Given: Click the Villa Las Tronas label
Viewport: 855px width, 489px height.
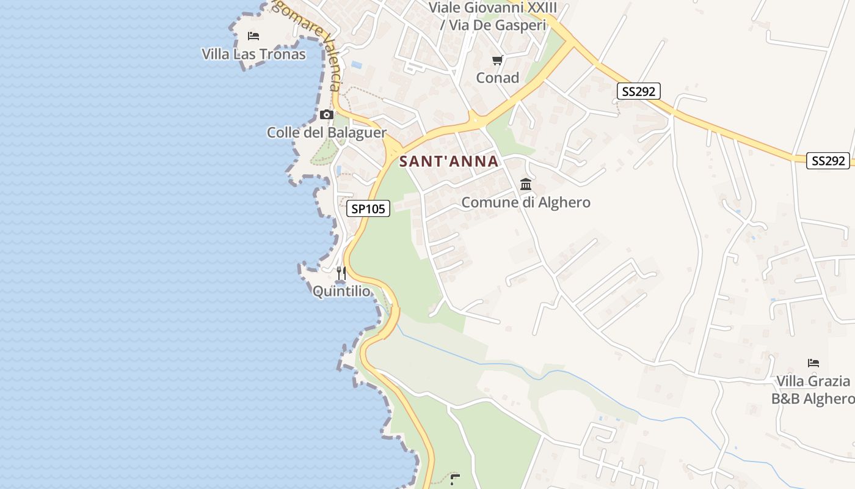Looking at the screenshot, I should pyautogui.click(x=253, y=54).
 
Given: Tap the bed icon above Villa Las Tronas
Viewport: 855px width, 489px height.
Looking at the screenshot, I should pyautogui.click(x=253, y=36).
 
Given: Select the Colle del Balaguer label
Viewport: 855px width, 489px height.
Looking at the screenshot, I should pyautogui.click(x=327, y=133).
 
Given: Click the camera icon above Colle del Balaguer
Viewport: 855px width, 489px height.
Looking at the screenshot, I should pyautogui.click(x=327, y=114).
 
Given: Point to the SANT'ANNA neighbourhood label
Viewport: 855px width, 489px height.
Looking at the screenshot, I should pyautogui.click(x=449, y=162).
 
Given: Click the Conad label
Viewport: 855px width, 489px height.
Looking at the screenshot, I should pyautogui.click(x=498, y=78).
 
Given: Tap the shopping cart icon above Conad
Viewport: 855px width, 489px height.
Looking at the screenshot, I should pyautogui.click(x=497, y=60).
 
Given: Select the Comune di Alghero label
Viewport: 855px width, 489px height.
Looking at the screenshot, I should pyautogui.click(x=526, y=202).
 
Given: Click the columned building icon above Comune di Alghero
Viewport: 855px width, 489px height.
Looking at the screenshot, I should pyautogui.click(x=526, y=184).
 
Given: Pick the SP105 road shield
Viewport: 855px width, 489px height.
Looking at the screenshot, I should pyautogui.click(x=368, y=208).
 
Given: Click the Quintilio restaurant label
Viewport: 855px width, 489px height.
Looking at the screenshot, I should pyautogui.click(x=341, y=292).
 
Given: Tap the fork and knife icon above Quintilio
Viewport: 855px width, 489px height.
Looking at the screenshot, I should pyautogui.click(x=341, y=273).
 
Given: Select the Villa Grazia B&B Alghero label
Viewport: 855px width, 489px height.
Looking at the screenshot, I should pyautogui.click(x=813, y=390).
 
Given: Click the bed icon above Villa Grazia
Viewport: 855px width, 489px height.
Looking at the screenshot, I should pyautogui.click(x=813, y=363).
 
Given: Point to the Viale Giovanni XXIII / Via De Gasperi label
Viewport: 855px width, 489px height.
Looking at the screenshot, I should pyautogui.click(x=495, y=17).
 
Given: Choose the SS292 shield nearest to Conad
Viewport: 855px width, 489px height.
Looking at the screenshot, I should pyautogui.click(x=638, y=92).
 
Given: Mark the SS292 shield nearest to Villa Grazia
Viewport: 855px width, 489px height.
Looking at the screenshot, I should pyautogui.click(x=829, y=161).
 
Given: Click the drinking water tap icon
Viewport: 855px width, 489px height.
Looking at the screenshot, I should pyautogui.click(x=454, y=479).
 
